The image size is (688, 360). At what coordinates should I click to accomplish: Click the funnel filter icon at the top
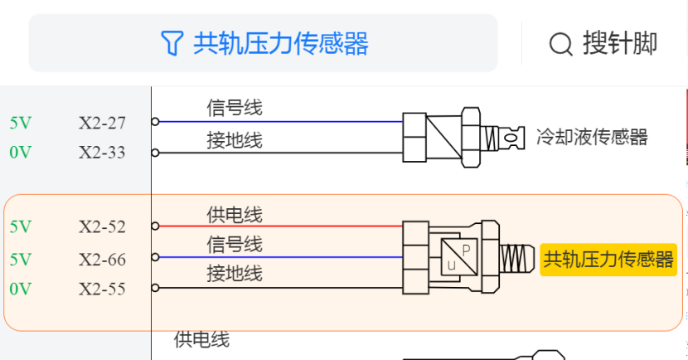click(171, 43)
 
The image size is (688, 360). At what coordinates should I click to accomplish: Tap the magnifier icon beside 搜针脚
click(561, 43)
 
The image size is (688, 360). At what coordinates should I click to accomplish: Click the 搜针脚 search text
click(620, 43)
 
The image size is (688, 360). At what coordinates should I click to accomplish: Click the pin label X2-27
click(102, 123)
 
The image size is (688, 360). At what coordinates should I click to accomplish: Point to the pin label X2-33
click(102, 153)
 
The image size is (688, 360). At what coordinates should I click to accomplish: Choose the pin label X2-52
click(102, 226)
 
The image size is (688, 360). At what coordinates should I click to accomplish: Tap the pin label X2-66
click(102, 260)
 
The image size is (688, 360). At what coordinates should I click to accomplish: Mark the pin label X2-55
click(102, 289)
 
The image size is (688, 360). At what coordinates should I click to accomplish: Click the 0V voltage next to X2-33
click(21, 153)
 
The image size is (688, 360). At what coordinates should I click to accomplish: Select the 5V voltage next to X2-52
click(21, 226)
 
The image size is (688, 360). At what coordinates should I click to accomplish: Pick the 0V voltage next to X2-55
click(21, 289)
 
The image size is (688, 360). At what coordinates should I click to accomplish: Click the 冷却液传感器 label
click(591, 137)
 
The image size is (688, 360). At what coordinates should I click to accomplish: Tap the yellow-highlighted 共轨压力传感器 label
click(608, 260)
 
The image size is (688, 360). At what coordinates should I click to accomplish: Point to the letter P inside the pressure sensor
click(466, 249)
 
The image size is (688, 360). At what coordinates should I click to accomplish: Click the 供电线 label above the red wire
click(235, 215)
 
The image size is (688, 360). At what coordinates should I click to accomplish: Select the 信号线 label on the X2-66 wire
click(235, 245)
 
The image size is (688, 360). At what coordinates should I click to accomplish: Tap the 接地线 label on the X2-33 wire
click(235, 141)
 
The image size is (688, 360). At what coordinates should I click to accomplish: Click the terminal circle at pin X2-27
click(155, 121)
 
